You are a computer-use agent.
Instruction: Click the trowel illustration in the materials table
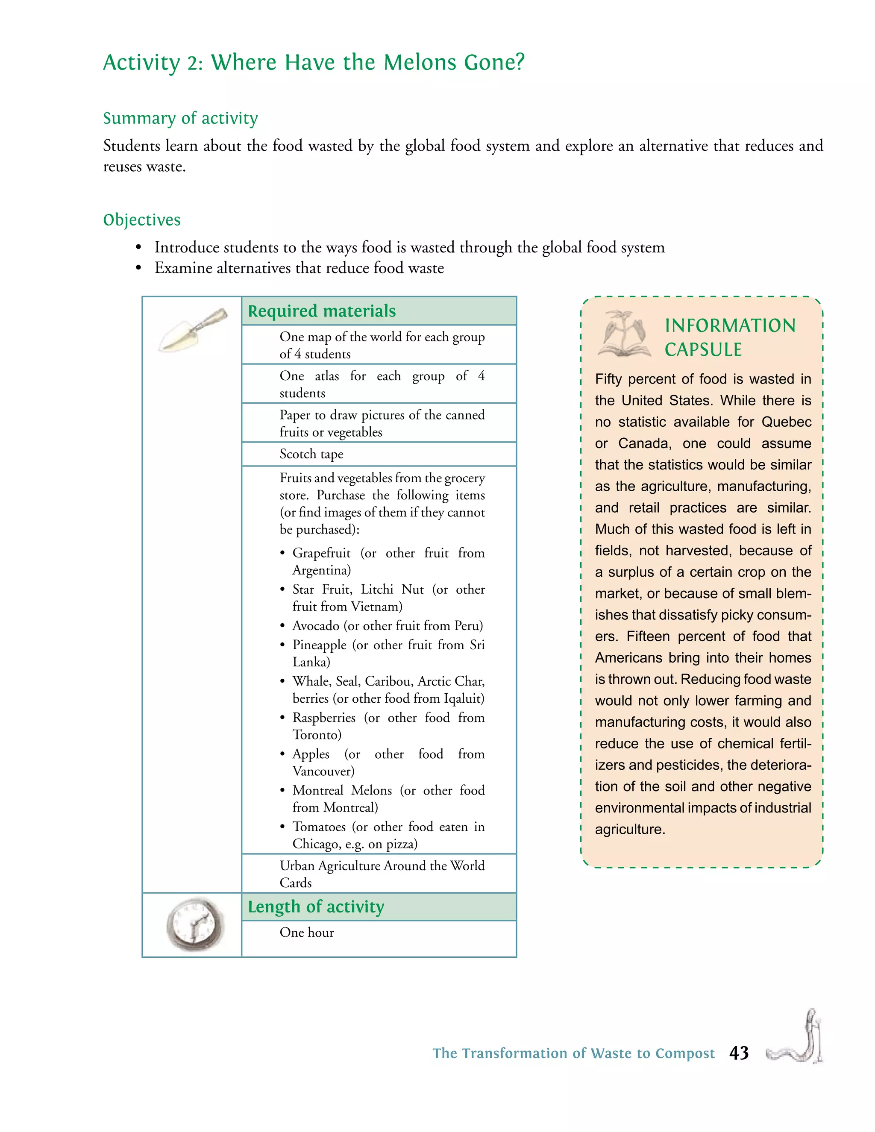click(x=192, y=330)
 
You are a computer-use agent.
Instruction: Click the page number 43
click(x=739, y=1053)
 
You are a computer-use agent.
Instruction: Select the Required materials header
click(x=321, y=311)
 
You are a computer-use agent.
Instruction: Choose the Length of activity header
click(x=316, y=906)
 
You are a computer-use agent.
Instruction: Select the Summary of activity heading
click(x=180, y=118)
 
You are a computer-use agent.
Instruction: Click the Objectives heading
click(x=141, y=220)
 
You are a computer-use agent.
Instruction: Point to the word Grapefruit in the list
click(x=321, y=553)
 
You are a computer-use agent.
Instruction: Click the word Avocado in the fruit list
click(x=316, y=626)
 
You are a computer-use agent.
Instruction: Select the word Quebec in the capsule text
click(x=786, y=422)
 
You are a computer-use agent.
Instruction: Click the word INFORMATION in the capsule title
click(x=730, y=326)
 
